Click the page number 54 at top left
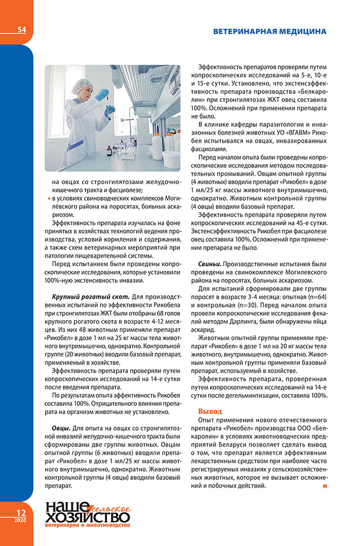point(21,30)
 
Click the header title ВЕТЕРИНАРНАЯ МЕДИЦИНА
point(269,31)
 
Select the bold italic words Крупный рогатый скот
point(91,296)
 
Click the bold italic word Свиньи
point(209,264)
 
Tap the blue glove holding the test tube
point(102,96)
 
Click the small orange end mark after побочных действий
point(325,486)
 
